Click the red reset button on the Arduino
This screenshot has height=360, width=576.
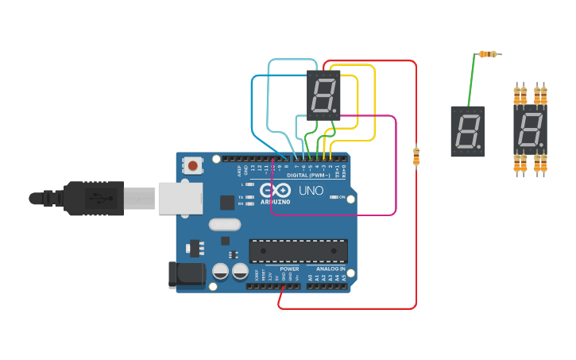(192, 165)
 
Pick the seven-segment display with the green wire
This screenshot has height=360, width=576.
(468, 131)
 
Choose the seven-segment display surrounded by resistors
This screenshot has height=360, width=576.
(530, 130)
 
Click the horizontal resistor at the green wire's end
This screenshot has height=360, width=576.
(488, 54)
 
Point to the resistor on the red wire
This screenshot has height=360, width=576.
(416, 156)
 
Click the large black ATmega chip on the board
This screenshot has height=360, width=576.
(298, 250)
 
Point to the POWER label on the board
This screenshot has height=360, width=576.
(289, 269)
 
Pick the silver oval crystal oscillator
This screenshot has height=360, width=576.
(225, 225)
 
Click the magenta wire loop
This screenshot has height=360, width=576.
(395, 167)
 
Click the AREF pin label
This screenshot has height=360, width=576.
(239, 169)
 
